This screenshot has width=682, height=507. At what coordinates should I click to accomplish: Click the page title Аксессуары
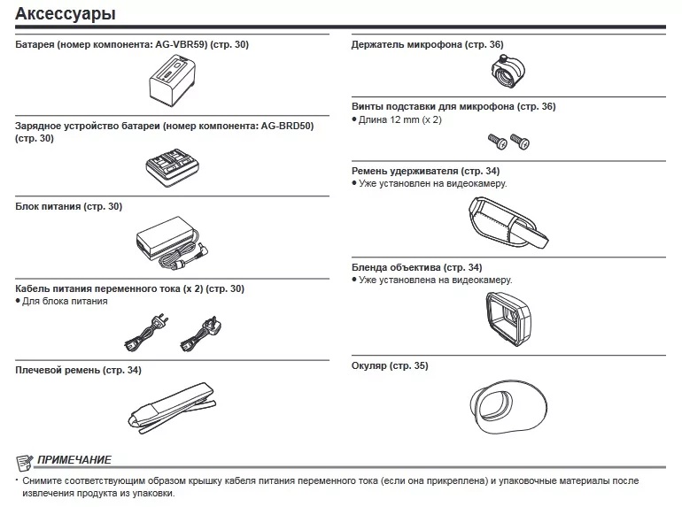65,14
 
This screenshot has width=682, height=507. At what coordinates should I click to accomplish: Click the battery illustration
174,83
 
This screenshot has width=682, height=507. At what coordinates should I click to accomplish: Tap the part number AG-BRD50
287,126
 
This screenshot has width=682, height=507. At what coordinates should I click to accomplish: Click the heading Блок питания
49,206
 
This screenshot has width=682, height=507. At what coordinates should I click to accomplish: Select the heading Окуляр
370,365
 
